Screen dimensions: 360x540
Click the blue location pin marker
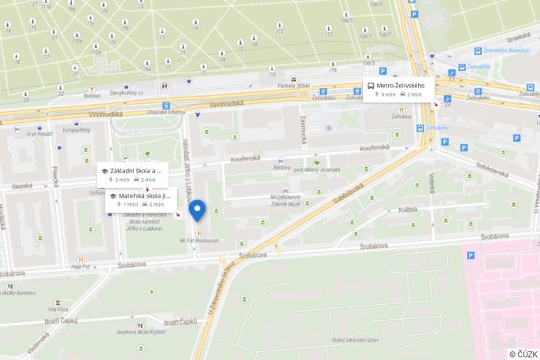click(198, 210)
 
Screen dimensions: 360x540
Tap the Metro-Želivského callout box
click(399, 90)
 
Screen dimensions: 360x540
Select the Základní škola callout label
click(131, 174)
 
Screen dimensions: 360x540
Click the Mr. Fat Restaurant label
click(199, 240)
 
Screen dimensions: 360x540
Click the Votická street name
click(432, 183)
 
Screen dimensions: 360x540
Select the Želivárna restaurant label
click(401, 117)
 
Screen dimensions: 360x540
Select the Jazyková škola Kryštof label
click(139, 332)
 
